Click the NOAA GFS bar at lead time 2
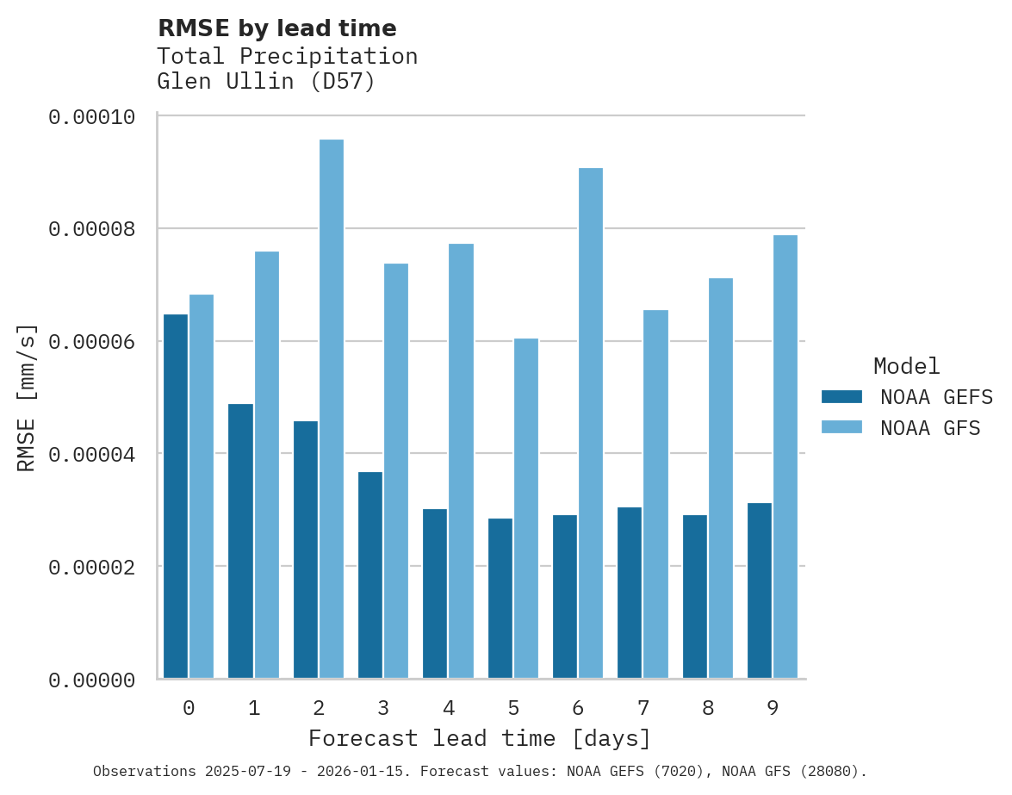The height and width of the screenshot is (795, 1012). point(332,409)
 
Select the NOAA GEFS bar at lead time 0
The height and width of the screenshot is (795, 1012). point(176,496)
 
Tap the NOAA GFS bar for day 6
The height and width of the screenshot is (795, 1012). point(591,423)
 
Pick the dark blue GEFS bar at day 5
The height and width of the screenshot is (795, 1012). point(500,598)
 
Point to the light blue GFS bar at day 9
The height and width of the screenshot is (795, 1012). point(785,457)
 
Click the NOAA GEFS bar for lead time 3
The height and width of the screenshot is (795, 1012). point(370,575)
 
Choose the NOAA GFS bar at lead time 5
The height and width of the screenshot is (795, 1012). point(526,508)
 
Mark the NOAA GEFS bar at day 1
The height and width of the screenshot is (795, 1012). point(240,541)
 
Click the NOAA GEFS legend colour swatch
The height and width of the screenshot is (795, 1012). point(841,397)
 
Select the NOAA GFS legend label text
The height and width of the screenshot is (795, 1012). point(930,428)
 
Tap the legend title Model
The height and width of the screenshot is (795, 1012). point(906,366)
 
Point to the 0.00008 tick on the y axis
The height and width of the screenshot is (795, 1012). point(91,229)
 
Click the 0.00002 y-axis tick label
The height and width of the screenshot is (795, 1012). point(91,568)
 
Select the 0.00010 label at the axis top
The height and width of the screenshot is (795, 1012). point(91,116)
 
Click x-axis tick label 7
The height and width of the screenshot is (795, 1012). point(643,709)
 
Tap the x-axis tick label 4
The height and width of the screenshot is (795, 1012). point(449,709)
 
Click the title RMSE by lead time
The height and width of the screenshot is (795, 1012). point(277,28)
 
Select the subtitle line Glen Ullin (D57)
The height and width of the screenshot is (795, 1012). point(266,83)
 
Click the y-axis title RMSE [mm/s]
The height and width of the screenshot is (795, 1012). point(27,398)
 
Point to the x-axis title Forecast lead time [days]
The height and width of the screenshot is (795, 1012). point(480,739)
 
